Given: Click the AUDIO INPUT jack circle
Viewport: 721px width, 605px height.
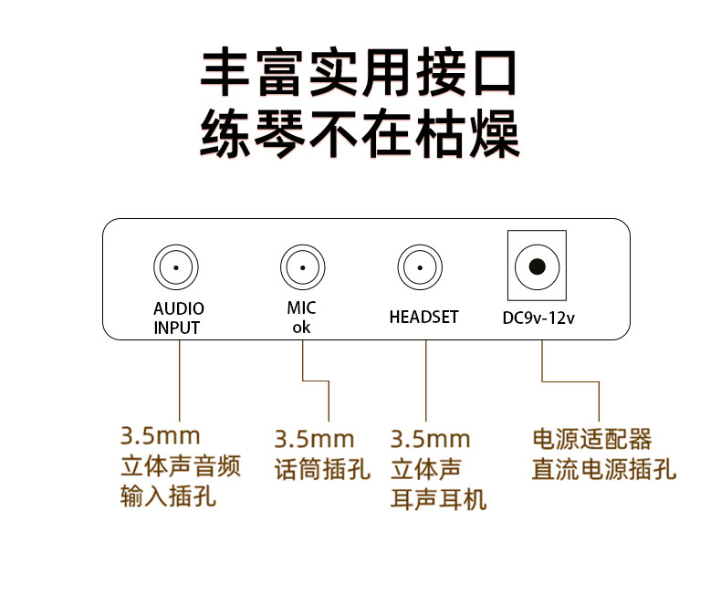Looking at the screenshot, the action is pyautogui.click(x=176, y=267).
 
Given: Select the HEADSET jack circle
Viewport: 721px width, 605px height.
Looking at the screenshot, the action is pyautogui.click(x=419, y=267).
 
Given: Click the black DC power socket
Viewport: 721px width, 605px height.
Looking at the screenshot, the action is pyautogui.click(x=537, y=267).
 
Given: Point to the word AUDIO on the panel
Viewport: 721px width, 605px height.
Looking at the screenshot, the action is pyautogui.click(x=179, y=309).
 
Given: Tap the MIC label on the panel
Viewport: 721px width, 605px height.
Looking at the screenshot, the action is pyautogui.click(x=301, y=308).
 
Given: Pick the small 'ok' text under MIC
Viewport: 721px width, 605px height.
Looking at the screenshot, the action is pyautogui.click(x=301, y=327).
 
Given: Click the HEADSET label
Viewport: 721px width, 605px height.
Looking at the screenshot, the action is pyautogui.click(x=423, y=318).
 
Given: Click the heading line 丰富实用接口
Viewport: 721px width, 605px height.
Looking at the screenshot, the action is pyautogui.click(x=360, y=73).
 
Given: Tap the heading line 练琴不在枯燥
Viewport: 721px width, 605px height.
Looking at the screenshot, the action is pyautogui.click(x=360, y=134).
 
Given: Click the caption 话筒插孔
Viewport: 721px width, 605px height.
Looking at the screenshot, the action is pyautogui.click(x=322, y=470).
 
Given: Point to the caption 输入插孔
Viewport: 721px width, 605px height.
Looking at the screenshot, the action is pyautogui.click(x=169, y=498).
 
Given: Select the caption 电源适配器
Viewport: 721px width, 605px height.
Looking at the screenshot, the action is pyautogui.click(x=592, y=440).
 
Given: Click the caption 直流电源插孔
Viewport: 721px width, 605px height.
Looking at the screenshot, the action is pyautogui.click(x=604, y=470).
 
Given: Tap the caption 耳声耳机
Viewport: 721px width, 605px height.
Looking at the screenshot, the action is pyautogui.click(x=439, y=499).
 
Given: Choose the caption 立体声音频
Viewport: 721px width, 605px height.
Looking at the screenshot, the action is pyautogui.click(x=181, y=468).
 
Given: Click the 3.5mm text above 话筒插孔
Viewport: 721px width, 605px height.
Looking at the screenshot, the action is pyautogui.click(x=314, y=440).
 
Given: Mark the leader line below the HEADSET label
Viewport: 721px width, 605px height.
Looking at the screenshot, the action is pyautogui.click(x=426, y=374).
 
